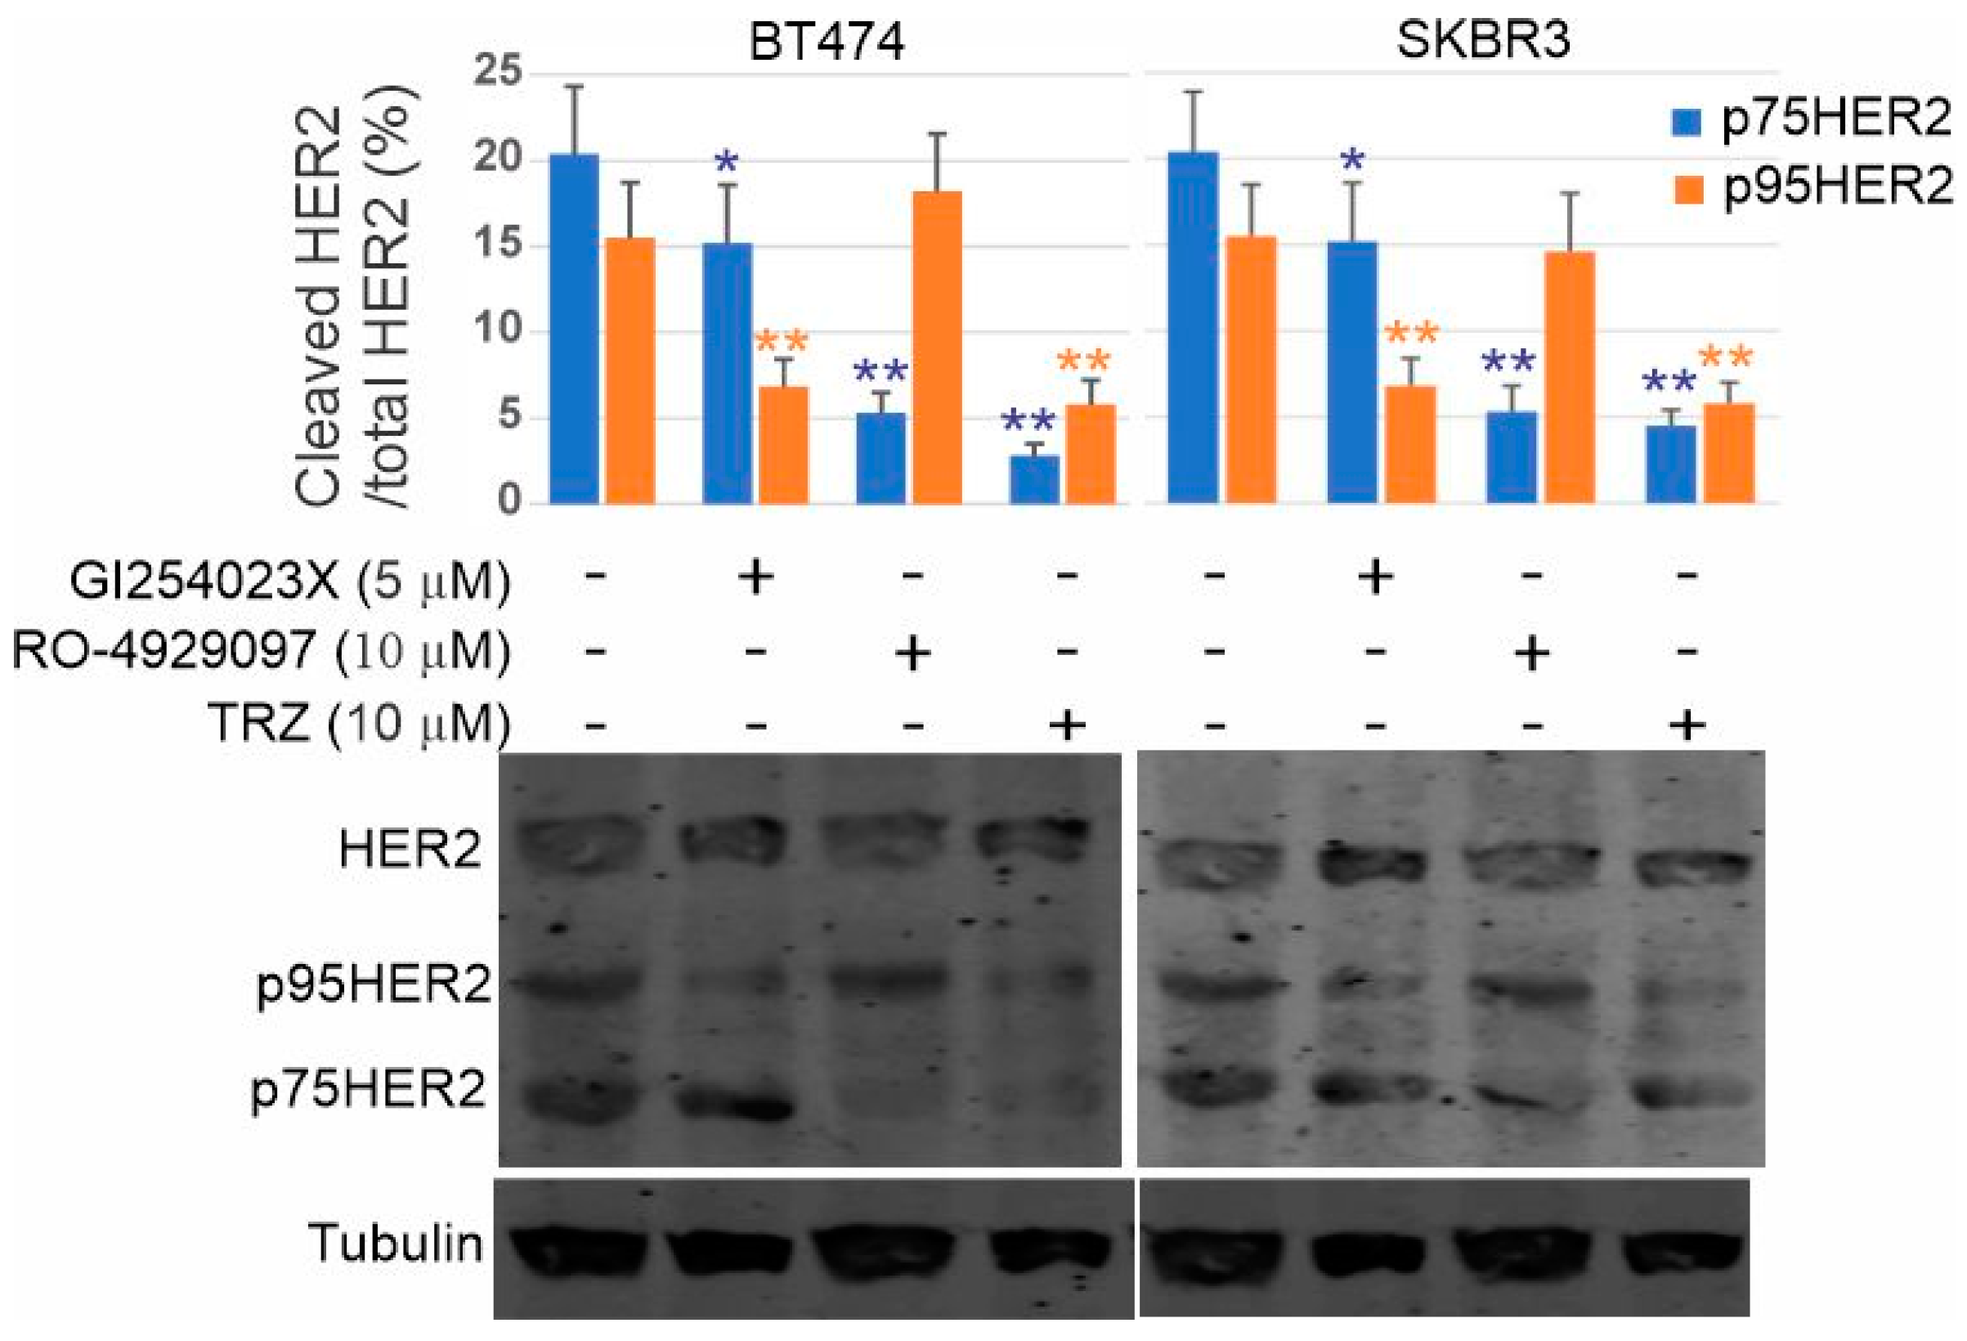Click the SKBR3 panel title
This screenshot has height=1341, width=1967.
pyautogui.click(x=1483, y=40)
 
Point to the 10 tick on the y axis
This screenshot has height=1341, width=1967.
pyautogui.click(x=499, y=330)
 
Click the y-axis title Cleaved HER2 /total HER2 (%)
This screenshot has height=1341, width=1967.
pyautogui.click(x=356, y=296)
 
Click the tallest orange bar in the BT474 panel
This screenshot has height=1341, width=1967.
pyautogui.click(x=937, y=347)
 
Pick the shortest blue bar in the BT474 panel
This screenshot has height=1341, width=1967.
pyautogui.click(x=1034, y=479)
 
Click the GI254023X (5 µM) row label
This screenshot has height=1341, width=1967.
pyautogui.click(x=290, y=581)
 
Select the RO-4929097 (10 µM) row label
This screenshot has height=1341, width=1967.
pyautogui.click(x=262, y=652)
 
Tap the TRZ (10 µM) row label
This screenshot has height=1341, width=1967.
pyautogui.click(x=359, y=724)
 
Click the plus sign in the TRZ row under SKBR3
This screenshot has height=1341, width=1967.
pyautogui.click(x=1686, y=724)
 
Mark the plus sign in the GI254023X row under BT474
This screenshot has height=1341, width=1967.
pyautogui.click(x=756, y=578)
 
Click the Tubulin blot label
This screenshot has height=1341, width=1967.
pyautogui.click(x=395, y=1244)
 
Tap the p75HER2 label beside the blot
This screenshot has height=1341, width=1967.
pyautogui.click(x=369, y=1089)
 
